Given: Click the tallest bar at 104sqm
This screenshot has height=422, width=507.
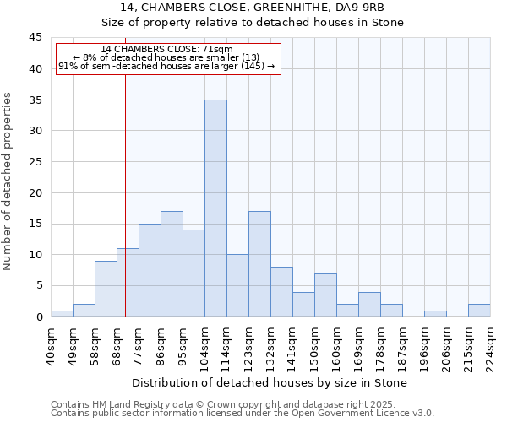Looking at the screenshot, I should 215,208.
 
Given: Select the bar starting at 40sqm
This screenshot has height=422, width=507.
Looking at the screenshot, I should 62,313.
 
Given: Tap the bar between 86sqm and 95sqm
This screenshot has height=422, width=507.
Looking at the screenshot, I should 172,263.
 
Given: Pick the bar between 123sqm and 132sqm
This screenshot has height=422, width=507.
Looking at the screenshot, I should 259,263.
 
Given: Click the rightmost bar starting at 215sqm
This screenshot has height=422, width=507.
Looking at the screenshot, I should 479,310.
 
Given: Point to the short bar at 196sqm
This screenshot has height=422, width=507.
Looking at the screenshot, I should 435,313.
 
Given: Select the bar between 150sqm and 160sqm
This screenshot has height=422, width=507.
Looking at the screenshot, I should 325,295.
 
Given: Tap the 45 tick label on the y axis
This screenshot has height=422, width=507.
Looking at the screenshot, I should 35,38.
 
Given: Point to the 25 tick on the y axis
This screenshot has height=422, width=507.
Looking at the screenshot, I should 35,162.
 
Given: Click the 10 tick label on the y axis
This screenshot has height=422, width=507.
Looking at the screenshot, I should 35,255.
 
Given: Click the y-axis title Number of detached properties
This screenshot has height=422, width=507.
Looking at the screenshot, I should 8,181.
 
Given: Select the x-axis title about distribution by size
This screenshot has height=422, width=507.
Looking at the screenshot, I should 270,382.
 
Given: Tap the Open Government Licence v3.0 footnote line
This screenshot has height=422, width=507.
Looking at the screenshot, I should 243,413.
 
